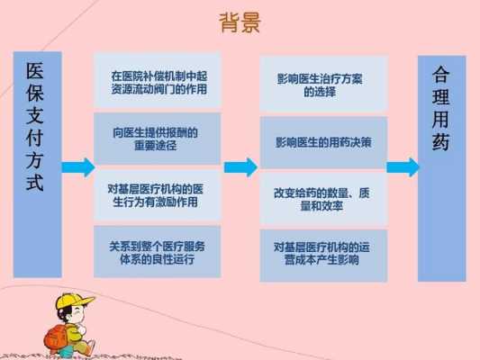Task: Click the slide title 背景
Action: [240, 22]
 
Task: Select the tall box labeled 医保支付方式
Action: [38, 165]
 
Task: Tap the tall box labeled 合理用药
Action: [442, 168]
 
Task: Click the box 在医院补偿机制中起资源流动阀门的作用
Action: [158, 79]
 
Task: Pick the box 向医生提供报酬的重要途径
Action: [158, 139]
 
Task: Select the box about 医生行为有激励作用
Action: [158, 195]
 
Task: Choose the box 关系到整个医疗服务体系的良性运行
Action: [158, 252]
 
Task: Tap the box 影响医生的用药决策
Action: [323, 142]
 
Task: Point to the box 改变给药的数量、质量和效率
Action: [323, 199]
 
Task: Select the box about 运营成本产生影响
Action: [323, 256]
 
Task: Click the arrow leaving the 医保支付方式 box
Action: [78, 167]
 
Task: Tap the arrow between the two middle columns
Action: [241, 167]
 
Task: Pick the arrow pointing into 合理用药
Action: [403, 167]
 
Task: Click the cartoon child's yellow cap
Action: [75, 301]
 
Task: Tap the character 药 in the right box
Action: [440, 141]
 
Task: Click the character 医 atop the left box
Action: [34, 70]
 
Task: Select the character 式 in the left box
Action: [34, 183]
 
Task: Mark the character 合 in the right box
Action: [440, 75]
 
